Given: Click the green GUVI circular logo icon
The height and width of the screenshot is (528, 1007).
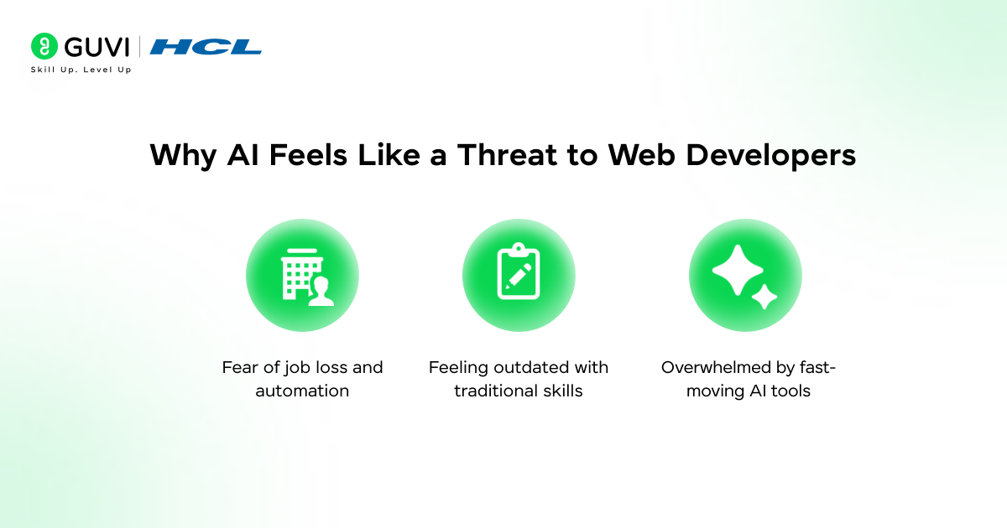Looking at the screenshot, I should pyautogui.click(x=44, y=46).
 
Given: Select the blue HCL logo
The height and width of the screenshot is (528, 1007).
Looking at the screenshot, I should pyautogui.click(x=206, y=47).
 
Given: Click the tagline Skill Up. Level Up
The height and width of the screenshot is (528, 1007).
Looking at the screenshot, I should pyautogui.click(x=81, y=70).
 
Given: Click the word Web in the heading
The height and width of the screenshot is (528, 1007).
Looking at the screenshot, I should pyautogui.click(x=637, y=156).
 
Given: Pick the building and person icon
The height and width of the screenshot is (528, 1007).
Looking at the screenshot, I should pyautogui.click(x=302, y=276).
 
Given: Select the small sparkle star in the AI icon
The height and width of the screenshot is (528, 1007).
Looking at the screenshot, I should pyautogui.click(x=764, y=297).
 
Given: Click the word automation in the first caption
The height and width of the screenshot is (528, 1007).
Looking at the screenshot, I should pyautogui.click(x=302, y=391).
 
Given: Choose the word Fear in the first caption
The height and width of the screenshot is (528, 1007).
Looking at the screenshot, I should pyautogui.click(x=240, y=367).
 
